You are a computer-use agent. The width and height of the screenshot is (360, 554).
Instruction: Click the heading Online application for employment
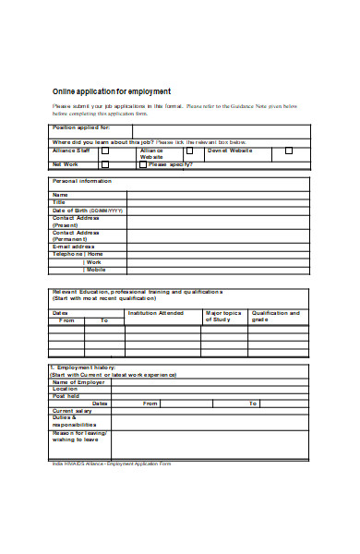point(111,90)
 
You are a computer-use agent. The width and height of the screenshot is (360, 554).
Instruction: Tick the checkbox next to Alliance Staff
point(104,151)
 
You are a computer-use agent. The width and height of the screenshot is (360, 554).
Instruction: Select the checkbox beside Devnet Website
point(288,151)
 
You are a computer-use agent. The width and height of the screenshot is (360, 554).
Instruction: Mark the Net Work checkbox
point(104,164)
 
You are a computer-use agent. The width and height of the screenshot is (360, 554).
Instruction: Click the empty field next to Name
point(217,196)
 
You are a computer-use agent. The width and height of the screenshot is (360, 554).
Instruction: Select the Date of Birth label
point(88,211)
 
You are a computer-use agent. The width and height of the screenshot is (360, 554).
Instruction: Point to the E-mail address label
point(75,247)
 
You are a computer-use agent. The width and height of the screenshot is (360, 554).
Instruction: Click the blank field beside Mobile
point(217,269)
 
